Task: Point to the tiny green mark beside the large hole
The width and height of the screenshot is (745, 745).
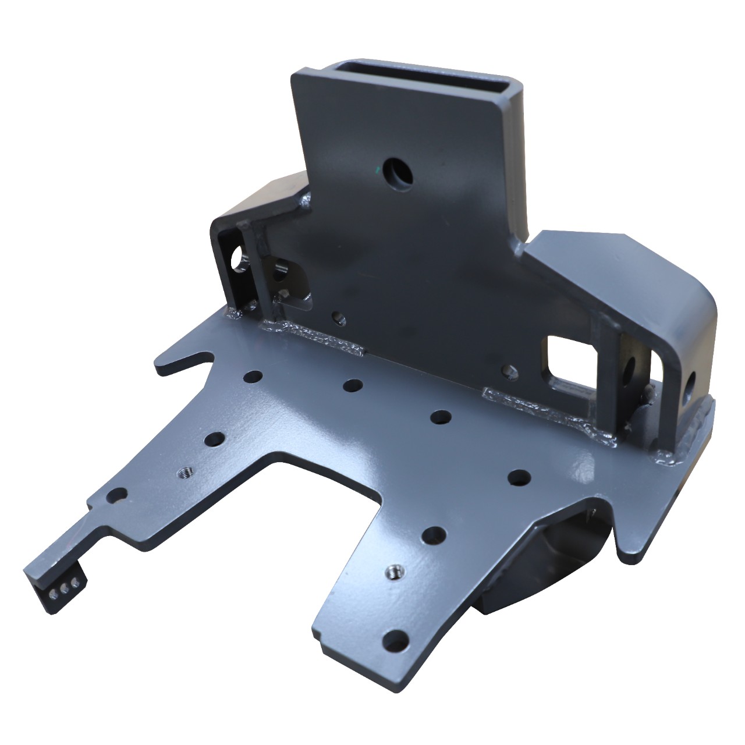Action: click(379, 170)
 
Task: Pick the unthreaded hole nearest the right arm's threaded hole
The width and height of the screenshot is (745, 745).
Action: click(434, 534)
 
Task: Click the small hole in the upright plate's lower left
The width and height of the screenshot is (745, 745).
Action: click(337, 318)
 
